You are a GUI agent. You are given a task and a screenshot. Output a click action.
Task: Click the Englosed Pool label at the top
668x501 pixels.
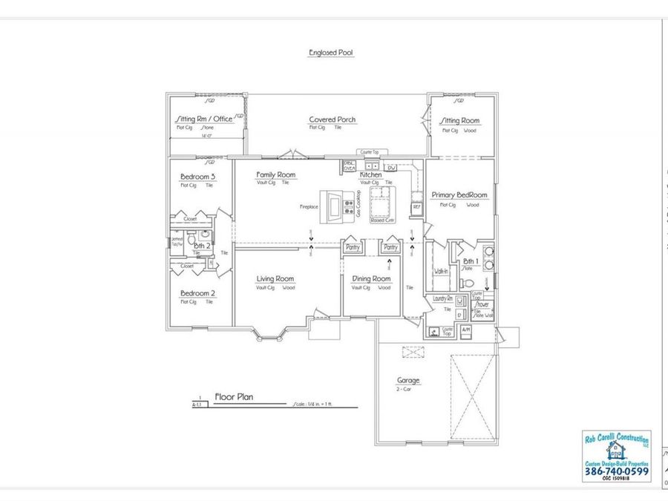331,53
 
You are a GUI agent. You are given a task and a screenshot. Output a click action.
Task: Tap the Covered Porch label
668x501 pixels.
332,119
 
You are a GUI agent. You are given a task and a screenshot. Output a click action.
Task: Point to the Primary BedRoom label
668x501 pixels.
459,195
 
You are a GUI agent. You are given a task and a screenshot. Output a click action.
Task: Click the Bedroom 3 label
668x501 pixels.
197,177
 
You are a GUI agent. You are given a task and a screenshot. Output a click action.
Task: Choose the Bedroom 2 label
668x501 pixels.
197,293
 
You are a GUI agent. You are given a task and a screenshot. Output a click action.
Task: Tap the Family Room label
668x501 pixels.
276,175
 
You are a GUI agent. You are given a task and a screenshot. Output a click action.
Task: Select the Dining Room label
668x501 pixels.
371,279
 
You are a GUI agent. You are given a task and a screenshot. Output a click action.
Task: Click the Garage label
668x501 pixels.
407,381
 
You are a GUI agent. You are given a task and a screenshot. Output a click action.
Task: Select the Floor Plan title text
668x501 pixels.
234,397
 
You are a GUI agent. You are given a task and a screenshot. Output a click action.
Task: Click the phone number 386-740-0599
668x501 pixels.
616,471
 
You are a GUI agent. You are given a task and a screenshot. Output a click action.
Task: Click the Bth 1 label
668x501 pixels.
471,261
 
